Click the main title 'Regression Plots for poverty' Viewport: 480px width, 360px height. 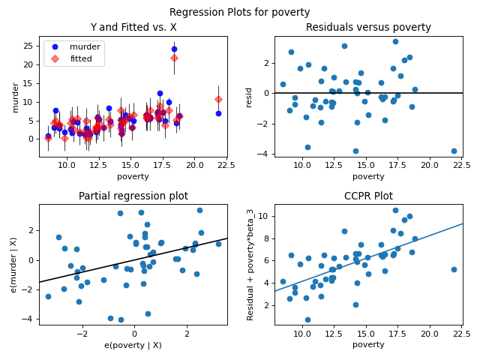click(x=239, y=12)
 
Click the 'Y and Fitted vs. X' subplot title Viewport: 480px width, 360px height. click(x=133, y=28)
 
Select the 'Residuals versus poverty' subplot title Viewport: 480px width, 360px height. click(x=368, y=28)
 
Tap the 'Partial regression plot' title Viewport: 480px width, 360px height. click(x=133, y=196)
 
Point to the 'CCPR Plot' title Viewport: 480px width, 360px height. click(x=368, y=196)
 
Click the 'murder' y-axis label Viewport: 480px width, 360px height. click(x=16, y=97)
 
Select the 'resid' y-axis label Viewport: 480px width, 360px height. click(x=249, y=97)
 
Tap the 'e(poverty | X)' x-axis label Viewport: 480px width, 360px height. click(x=133, y=345)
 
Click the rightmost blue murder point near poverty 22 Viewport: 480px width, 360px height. click(x=218, y=113)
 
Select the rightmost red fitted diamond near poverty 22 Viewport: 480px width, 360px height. click(x=218, y=99)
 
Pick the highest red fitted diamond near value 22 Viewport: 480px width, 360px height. click(x=174, y=58)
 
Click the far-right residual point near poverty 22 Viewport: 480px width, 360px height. click(x=454, y=151)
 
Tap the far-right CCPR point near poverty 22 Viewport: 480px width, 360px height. click(x=454, y=269)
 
